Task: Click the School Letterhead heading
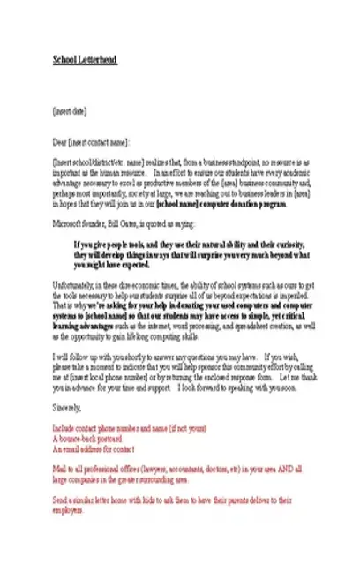pos(84,59)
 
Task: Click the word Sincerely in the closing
pos(67,407)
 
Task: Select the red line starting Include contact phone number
pos(129,428)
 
